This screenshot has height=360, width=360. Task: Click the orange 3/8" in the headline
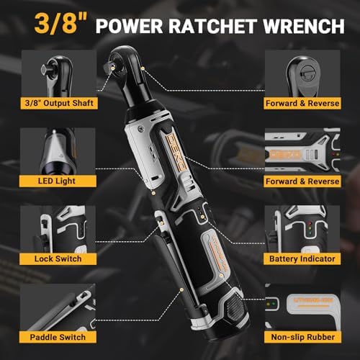tap(61, 24)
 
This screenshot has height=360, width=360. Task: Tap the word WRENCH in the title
tap(304, 26)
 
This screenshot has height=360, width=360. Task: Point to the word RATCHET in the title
tap(212, 26)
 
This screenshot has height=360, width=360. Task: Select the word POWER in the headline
tap(130, 26)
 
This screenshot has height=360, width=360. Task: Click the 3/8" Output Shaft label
tap(59, 103)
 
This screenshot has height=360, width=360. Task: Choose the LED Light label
tap(58, 181)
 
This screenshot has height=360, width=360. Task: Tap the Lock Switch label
tap(58, 258)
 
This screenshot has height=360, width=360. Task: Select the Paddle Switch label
tap(58, 337)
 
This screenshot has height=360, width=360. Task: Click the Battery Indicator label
tap(302, 258)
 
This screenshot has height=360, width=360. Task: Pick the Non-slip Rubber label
tap(302, 337)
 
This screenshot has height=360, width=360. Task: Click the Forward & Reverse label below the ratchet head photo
tap(302, 103)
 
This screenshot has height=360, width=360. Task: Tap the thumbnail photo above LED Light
tap(58, 151)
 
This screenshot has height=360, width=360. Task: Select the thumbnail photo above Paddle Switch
tap(58, 307)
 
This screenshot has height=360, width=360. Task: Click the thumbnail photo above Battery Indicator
tap(302, 229)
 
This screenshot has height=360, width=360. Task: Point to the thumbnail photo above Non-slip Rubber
tap(302, 307)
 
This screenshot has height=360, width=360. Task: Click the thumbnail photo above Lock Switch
tap(58, 229)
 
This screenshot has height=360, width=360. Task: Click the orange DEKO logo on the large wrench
tap(176, 152)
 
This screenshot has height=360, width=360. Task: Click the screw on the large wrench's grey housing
tap(140, 130)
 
